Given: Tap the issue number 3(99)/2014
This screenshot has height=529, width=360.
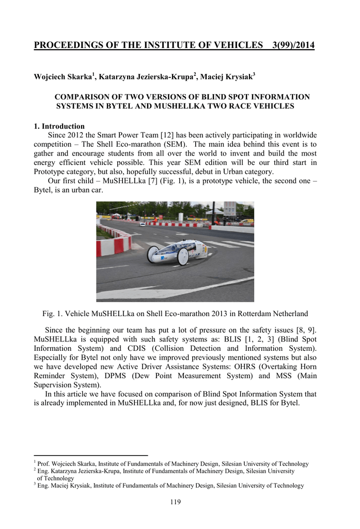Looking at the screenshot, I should (293, 45).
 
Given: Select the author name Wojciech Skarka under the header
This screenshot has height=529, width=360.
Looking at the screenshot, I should (62, 77).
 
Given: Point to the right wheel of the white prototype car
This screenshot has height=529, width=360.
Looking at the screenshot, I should (183, 257).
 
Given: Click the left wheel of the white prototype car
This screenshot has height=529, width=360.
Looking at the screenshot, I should (154, 254).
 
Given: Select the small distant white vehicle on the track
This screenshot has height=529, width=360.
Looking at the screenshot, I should (143, 224).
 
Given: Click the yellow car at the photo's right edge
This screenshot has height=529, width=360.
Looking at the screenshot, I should (248, 221).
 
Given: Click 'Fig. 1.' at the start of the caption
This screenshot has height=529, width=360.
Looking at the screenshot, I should (53, 314).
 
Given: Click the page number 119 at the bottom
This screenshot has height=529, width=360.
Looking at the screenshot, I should (175, 502).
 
